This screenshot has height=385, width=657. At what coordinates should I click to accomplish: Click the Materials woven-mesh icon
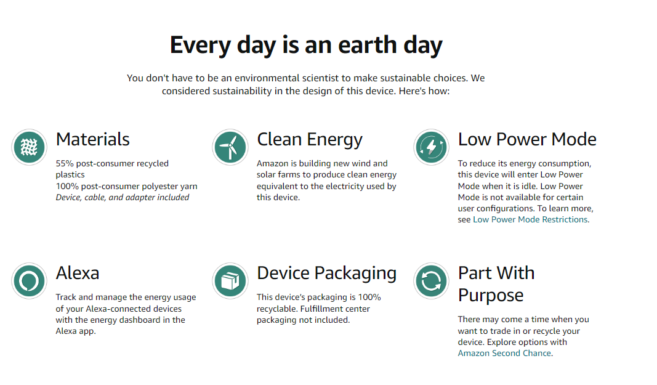coord(29,147)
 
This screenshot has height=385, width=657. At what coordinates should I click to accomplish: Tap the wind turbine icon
coord(230,147)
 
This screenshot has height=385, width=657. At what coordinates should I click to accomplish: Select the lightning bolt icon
coord(431,147)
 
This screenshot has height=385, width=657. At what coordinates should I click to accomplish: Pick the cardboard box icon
coord(230,281)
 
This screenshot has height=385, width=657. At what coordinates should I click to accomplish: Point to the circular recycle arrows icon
coord(431,281)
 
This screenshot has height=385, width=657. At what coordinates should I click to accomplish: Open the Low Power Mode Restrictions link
coord(530,220)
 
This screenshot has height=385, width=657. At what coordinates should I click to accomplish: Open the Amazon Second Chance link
coord(504,354)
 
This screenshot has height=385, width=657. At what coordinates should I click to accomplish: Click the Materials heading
coord(92,139)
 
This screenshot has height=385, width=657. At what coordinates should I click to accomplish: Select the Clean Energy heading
coord(310,140)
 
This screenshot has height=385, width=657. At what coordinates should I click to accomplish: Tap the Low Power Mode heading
coord(527,139)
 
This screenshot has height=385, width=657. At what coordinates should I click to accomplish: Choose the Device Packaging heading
coord(326,274)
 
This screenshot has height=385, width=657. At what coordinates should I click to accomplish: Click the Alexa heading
coord(78,273)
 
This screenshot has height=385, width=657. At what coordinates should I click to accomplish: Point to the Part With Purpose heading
coord(496,285)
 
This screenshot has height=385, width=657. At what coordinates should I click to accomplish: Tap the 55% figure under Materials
coord(65,164)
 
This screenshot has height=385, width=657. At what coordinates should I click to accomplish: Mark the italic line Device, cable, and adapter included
coord(123,198)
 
